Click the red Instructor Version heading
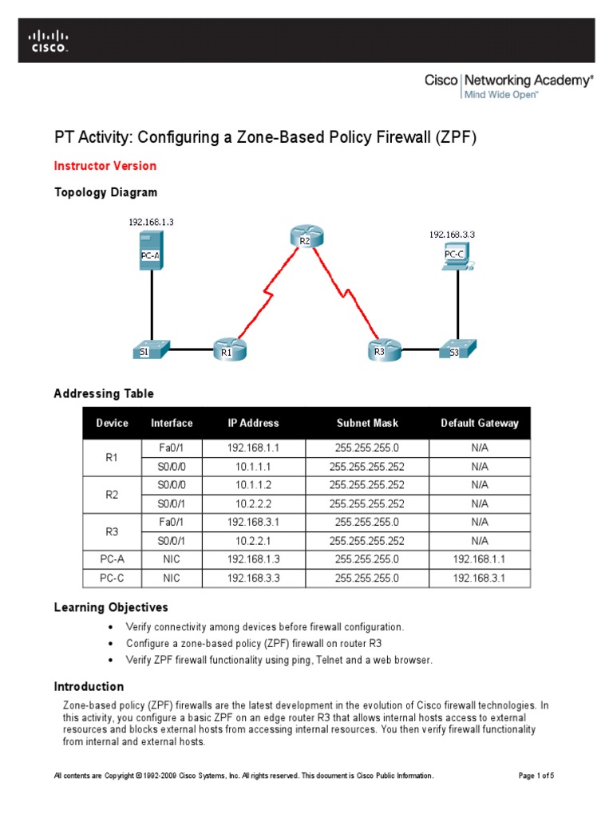point(105,166)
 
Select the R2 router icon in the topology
point(305,236)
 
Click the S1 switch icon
point(151,349)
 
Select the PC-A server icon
point(150,251)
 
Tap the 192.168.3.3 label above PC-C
point(453,235)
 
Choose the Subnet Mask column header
point(367,424)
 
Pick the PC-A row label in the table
point(112,560)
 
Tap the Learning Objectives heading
point(111,608)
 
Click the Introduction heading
point(89,686)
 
